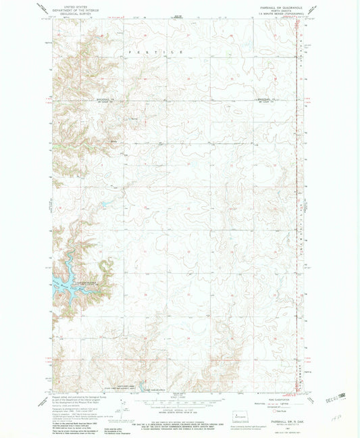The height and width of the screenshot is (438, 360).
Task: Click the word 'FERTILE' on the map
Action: (155, 51)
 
